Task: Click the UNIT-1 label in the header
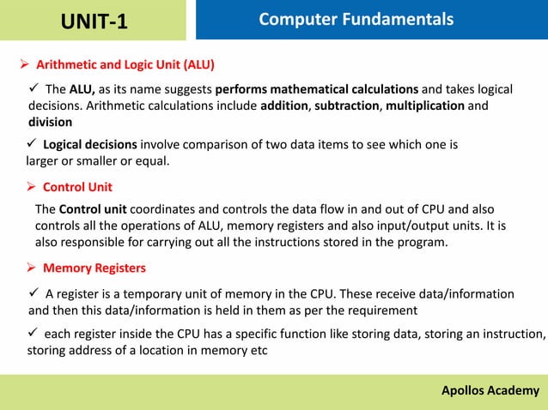coord(94,21)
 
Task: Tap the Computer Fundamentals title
coord(356,19)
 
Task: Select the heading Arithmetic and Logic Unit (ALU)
coord(125,64)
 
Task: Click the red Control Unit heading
coord(77,187)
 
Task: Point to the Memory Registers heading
coord(94,268)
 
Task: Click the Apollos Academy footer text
coord(490,391)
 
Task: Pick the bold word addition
coord(285,106)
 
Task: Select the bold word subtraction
coord(348,106)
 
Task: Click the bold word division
coord(51,122)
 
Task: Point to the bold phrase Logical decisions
coord(89,144)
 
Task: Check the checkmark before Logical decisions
coord(33,144)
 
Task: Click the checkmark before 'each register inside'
coord(34,334)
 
